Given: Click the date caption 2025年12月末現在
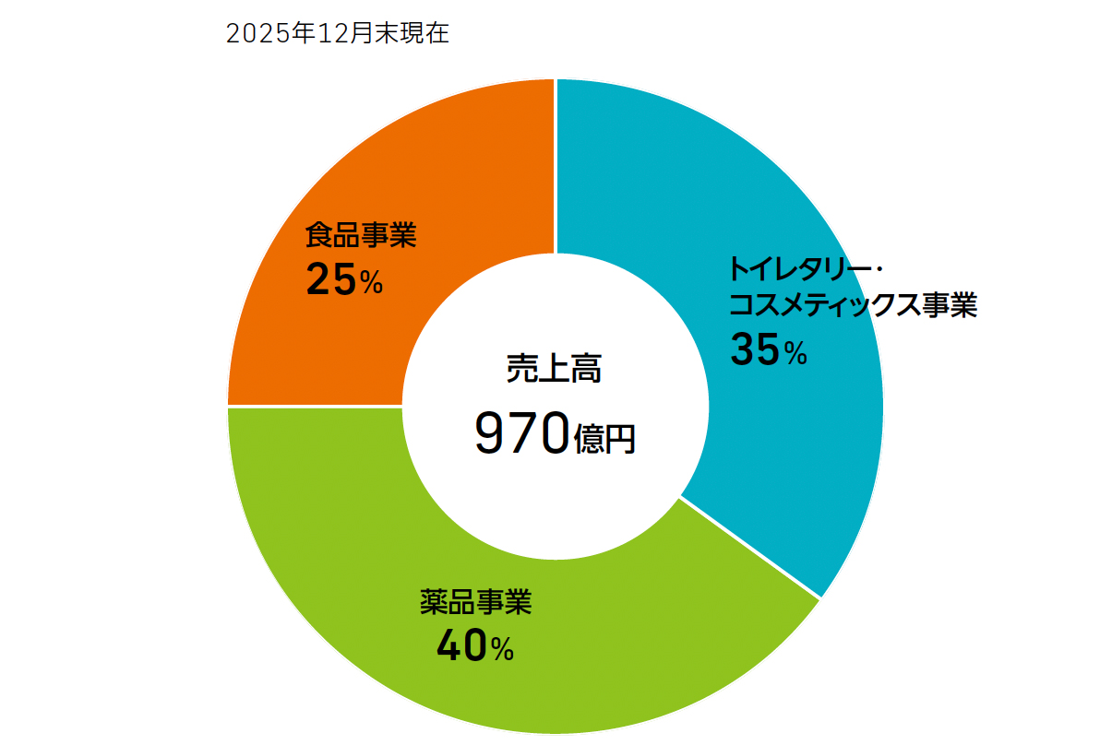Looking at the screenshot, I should coord(337,34).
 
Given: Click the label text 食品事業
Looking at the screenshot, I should coord(361,236).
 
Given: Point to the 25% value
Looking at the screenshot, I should coord(343,281).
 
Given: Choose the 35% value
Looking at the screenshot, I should coord(768,349).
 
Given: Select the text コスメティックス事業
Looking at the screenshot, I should coord(853,305).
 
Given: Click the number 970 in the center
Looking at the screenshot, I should coord(520,434).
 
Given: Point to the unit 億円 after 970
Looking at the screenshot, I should coord(604,438).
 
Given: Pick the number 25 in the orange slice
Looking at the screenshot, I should coord(329,281).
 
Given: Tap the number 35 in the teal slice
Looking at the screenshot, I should coord(755,349).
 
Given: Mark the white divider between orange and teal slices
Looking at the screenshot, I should coord(556,166).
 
